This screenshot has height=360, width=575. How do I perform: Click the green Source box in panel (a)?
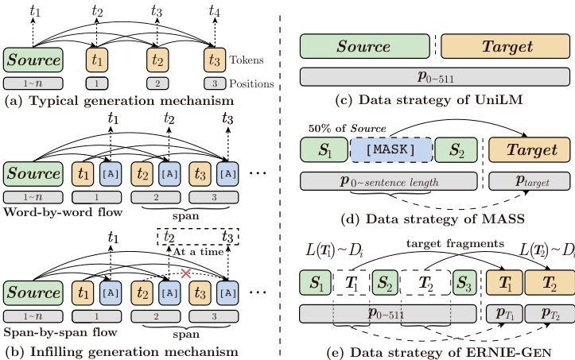(x=33, y=60)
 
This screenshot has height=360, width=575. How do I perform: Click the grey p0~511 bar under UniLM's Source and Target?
(x=434, y=76)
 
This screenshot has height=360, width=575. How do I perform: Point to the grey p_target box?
(x=529, y=181)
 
